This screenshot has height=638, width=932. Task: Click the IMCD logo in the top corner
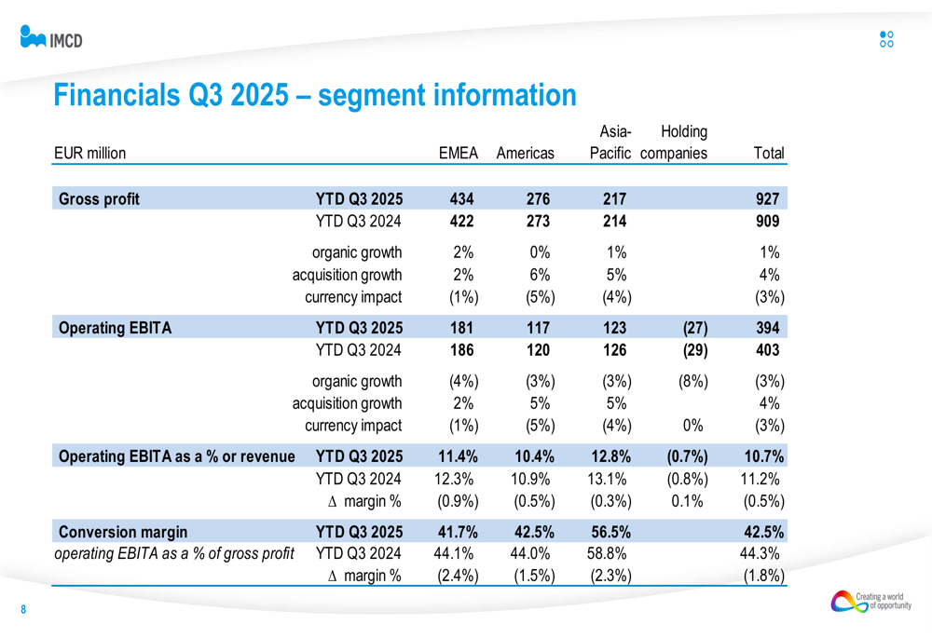click(x=51, y=37)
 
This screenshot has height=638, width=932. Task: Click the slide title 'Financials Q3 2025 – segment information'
click(x=315, y=95)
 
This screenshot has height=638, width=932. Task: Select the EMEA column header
click(x=459, y=153)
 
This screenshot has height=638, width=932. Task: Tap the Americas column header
click(x=526, y=153)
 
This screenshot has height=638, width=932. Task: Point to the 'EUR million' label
click(x=90, y=153)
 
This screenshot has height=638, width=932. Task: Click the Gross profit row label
click(x=99, y=199)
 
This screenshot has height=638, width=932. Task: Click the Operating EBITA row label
click(x=116, y=328)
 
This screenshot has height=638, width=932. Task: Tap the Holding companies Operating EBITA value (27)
click(x=688, y=328)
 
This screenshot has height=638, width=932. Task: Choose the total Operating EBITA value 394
click(x=769, y=328)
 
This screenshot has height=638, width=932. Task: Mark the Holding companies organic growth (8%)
click(x=688, y=381)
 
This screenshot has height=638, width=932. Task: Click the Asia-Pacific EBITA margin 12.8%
click(x=610, y=456)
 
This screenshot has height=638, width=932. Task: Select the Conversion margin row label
click(x=123, y=533)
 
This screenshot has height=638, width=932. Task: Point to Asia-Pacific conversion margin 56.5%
click(x=610, y=533)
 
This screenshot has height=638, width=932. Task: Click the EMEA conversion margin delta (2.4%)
click(x=459, y=577)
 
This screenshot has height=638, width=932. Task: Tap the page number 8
click(x=24, y=610)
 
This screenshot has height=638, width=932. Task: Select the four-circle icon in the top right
click(x=886, y=38)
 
